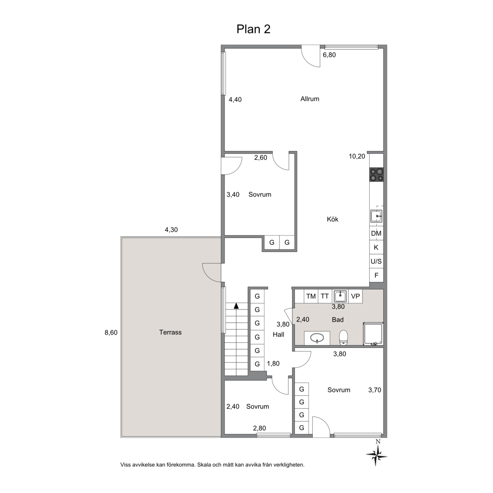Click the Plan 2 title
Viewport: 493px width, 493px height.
click(x=253, y=29)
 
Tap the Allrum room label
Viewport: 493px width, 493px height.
click(x=310, y=99)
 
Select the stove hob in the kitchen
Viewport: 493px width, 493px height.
click(x=376, y=175)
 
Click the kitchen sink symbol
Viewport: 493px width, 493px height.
click(x=376, y=216)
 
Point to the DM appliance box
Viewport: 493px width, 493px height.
click(x=376, y=233)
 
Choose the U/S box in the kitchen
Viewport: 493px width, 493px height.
click(x=376, y=261)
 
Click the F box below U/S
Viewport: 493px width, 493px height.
click(x=376, y=276)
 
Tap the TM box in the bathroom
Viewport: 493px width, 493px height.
click(x=311, y=296)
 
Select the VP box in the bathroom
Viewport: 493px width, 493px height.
click(x=355, y=296)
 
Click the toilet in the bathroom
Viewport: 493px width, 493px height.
click(x=343, y=337)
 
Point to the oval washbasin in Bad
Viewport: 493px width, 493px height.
click(x=317, y=338)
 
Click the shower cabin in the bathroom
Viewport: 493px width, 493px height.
click(x=373, y=334)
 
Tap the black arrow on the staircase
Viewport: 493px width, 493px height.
click(x=236, y=306)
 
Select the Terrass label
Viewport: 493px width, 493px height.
click(x=170, y=333)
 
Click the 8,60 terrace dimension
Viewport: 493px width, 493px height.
click(x=111, y=333)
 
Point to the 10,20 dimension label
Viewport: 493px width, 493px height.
click(x=357, y=156)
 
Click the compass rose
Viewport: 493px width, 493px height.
click(x=377, y=454)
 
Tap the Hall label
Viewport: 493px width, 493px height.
click(x=279, y=335)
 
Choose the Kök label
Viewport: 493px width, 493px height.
click(x=333, y=219)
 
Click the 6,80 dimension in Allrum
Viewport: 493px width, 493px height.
click(x=330, y=55)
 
